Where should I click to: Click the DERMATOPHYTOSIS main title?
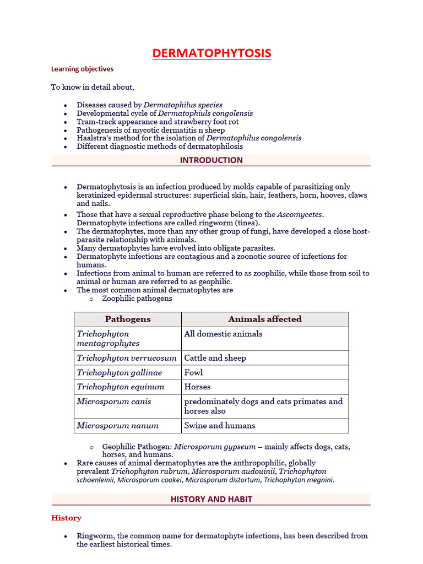211,53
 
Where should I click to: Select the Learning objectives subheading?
82,69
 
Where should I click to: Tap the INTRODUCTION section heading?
211,160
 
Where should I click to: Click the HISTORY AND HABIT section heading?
211,499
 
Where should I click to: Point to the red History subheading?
66,518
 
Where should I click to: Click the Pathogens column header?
128,319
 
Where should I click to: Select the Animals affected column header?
265,319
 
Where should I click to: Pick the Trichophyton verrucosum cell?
127,358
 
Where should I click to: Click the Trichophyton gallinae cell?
120,373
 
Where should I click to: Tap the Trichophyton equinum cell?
121,387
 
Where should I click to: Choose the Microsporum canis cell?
114,402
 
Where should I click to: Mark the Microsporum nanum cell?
117,426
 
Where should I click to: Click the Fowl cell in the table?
194,373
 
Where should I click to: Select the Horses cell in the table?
197,387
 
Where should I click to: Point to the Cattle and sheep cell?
215,358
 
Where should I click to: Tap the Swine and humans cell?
220,426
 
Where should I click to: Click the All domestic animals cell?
223,334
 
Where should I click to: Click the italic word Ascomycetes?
300,214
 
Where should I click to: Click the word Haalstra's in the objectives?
94,138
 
